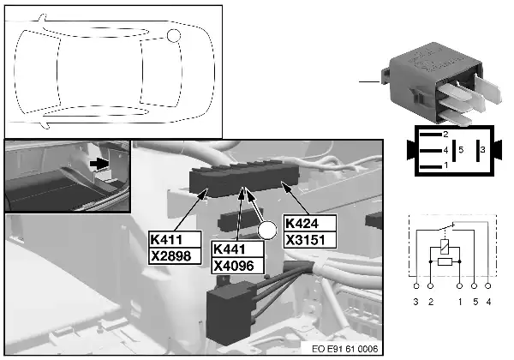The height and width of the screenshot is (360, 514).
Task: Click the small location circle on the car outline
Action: [x=174, y=35]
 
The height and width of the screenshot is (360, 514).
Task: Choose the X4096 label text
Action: [x=233, y=264]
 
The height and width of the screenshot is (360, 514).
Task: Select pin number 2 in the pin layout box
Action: [x=445, y=135]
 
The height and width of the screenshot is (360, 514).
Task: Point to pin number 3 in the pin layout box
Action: [x=482, y=150]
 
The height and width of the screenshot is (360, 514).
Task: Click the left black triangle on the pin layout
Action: [x=412, y=151]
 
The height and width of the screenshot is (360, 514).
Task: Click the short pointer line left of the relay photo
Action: [x=369, y=81]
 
